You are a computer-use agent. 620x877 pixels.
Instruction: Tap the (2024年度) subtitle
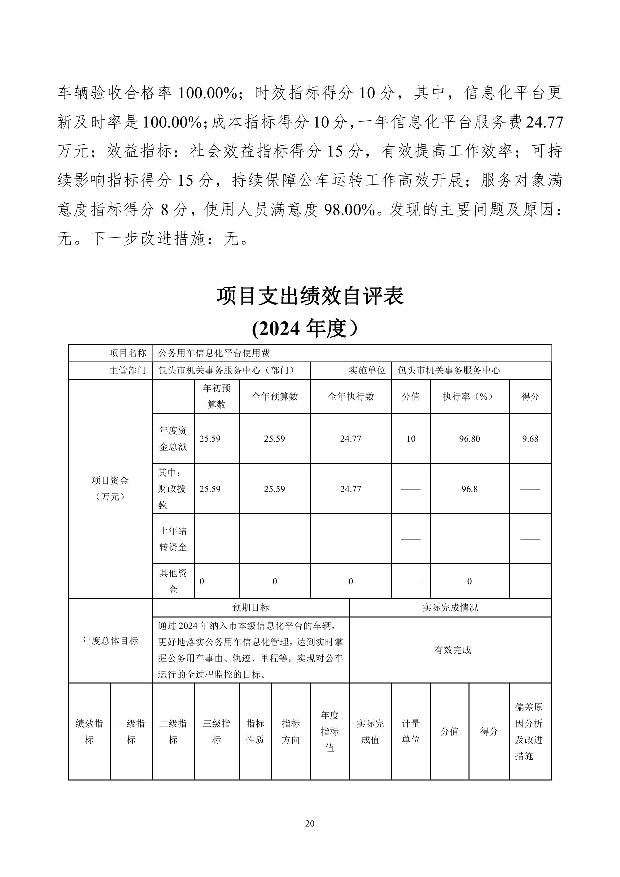(x=305, y=328)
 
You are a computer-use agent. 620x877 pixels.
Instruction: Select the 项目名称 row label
(x=127, y=353)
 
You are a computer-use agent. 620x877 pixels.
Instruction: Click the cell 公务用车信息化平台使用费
(x=214, y=353)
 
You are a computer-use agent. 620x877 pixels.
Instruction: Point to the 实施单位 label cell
(x=367, y=370)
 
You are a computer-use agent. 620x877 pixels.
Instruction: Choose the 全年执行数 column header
(x=351, y=396)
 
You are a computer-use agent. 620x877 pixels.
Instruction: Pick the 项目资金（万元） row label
(x=110, y=488)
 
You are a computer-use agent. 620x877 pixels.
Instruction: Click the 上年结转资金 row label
(x=173, y=538)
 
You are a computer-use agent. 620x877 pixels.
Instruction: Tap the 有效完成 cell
(x=452, y=650)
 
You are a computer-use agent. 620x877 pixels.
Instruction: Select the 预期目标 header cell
(x=250, y=607)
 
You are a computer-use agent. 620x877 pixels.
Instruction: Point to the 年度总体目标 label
(x=110, y=640)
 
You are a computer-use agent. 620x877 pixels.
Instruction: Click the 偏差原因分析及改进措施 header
(x=529, y=731)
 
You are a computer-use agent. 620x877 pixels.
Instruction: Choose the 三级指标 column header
(x=216, y=731)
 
